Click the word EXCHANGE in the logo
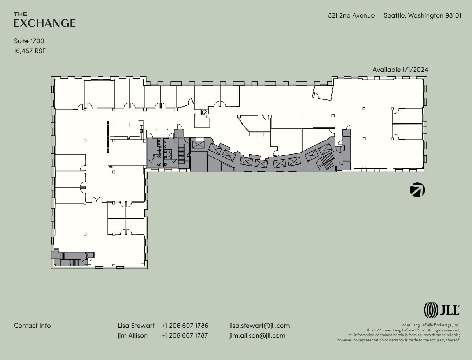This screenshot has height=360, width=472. point(45,23)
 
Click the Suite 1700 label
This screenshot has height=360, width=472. point(29,41)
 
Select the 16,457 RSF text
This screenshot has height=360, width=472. point(30,51)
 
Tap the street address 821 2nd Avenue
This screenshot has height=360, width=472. point(351,15)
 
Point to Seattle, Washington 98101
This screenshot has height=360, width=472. point(422,15)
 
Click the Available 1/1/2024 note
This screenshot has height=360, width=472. point(400,70)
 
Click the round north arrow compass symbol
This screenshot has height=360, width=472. point(417,190)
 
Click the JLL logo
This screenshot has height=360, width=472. point(442,310)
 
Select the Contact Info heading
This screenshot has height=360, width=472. point(32,326)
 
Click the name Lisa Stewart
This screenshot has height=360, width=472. point(136,326)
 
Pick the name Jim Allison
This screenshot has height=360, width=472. point(132,335)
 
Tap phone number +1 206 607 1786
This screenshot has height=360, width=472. point(185,326)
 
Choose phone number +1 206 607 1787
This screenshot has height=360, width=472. point(185,335)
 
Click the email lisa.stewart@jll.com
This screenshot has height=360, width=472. point(259,326)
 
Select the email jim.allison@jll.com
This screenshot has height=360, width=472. point(257,335)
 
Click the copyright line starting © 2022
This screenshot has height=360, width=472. point(413,330)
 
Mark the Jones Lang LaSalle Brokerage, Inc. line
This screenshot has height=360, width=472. point(429,325)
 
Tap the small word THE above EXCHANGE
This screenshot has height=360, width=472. point(20,14)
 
